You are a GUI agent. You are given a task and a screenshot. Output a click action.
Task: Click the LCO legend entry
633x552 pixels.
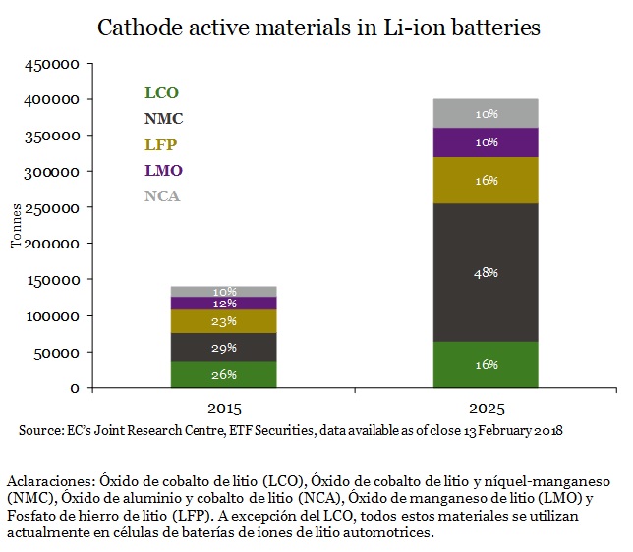(x=160, y=93)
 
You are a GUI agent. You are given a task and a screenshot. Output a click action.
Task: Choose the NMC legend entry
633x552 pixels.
(x=163, y=119)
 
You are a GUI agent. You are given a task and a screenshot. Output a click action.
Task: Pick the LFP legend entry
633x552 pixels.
(x=160, y=145)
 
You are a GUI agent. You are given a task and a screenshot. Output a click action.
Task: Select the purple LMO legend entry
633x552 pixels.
(x=163, y=171)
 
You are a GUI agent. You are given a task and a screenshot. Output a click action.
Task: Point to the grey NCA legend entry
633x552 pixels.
(x=162, y=196)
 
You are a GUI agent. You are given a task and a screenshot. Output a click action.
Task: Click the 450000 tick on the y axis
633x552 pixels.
(x=51, y=65)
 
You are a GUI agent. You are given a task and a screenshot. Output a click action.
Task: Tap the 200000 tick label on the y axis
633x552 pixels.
(x=51, y=244)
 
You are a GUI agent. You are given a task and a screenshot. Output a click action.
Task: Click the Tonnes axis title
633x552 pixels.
(x=16, y=227)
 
